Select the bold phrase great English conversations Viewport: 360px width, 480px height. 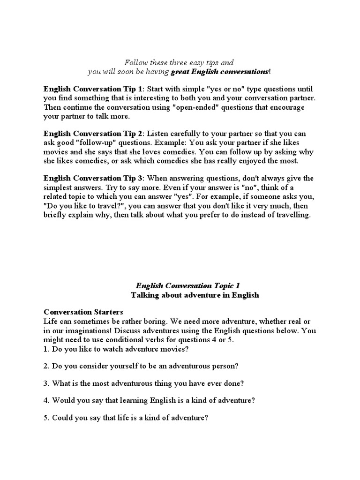220,72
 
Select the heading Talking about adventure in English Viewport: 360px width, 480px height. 195,295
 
